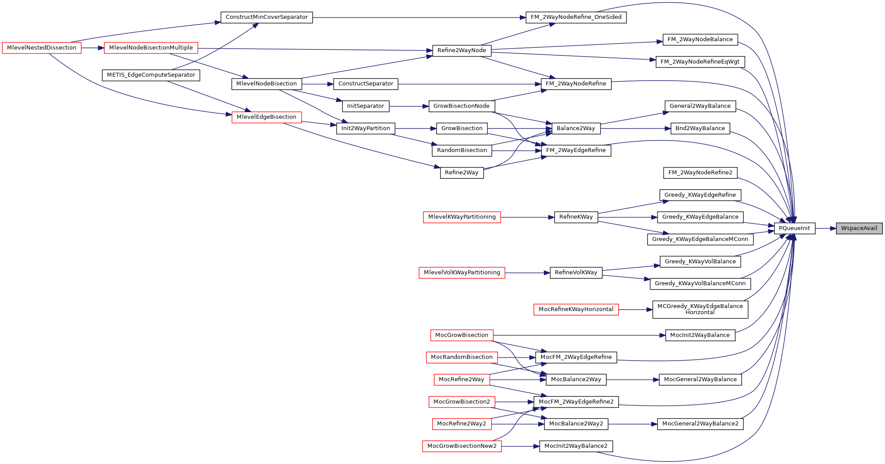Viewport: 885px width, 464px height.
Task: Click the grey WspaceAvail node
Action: pos(859,228)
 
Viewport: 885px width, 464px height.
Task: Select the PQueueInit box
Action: pos(794,228)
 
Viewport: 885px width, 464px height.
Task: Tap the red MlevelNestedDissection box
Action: pos(42,48)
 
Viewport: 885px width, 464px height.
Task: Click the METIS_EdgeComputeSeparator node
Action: pos(151,75)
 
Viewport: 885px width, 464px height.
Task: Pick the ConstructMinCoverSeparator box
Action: pos(267,17)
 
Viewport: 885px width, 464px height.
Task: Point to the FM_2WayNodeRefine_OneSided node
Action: pos(576,17)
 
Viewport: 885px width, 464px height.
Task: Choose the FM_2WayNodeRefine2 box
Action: pos(700,173)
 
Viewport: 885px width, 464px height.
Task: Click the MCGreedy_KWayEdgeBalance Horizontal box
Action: pos(700,309)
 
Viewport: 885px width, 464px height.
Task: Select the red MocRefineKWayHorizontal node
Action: pos(576,309)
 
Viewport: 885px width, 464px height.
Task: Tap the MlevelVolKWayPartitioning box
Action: pos(462,273)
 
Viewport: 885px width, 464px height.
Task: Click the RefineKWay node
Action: pos(576,217)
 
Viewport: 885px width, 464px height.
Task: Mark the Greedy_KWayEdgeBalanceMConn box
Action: pos(700,239)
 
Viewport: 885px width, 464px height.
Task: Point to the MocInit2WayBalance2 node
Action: pos(576,446)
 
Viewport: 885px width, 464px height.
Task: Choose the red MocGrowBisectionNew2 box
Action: pos(462,446)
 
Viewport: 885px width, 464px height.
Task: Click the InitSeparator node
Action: pos(366,106)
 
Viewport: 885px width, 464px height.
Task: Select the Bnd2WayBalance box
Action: pos(700,128)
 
